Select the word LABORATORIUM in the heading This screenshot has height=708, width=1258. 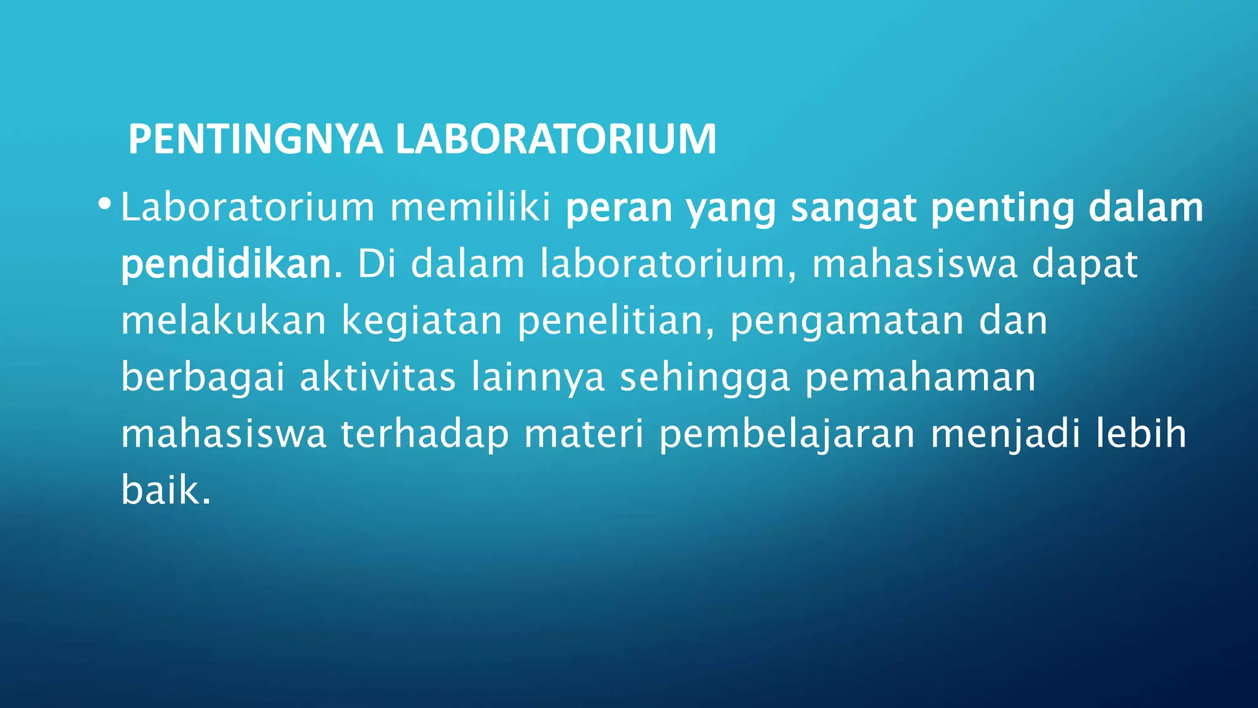pyautogui.click(x=556, y=140)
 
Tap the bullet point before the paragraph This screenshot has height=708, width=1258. pyautogui.click(x=104, y=203)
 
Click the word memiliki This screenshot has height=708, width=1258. pyautogui.click(x=471, y=207)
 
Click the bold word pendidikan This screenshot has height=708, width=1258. pyautogui.click(x=230, y=265)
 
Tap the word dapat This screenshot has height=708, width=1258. pyautogui.click(x=1084, y=265)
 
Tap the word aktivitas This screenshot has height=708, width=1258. pyautogui.click(x=378, y=377)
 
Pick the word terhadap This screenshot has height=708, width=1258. pyautogui.click(x=424, y=435)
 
